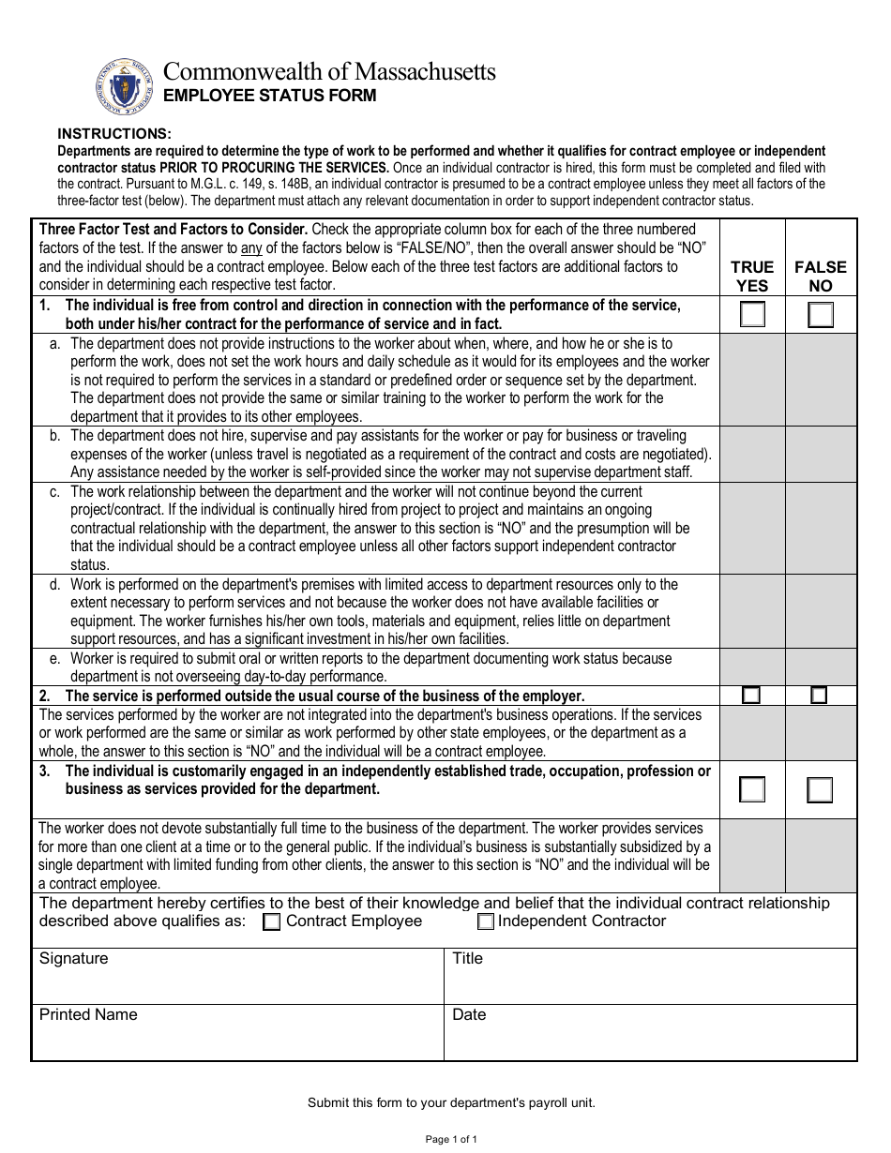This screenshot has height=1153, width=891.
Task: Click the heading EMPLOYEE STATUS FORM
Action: (x=270, y=96)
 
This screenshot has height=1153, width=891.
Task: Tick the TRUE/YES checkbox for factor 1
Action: (x=752, y=315)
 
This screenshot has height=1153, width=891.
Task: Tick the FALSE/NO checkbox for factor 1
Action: (x=821, y=315)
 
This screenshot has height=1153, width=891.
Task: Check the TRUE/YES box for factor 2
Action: (x=751, y=696)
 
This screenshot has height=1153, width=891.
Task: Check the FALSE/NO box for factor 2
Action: (x=820, y=696)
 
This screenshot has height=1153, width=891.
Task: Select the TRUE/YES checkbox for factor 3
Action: (x=752, y=790)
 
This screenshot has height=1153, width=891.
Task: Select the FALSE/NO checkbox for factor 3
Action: (x=820, y=790)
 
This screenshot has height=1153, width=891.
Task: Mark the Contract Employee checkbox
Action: (x=272, y=922)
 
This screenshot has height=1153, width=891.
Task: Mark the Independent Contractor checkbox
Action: (x=486, y=922)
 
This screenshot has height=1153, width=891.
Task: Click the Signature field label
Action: (x=73, y=959)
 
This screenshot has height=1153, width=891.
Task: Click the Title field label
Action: (x=467, y=959)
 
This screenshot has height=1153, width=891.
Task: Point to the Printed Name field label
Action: (x=87, y=1015)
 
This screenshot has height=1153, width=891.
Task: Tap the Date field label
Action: (x=469, y=1015)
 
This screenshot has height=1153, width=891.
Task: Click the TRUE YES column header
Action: (x=752, y=277)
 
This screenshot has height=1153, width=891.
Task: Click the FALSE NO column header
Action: (x=821, y=277)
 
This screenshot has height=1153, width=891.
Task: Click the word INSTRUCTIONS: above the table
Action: (x=114, y=134)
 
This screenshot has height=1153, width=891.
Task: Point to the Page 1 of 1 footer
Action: (x=451, y=1140)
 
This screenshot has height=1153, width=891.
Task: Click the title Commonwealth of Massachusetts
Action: (x=330, y=71)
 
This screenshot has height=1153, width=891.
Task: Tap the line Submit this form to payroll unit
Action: (x=451, y=1103)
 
